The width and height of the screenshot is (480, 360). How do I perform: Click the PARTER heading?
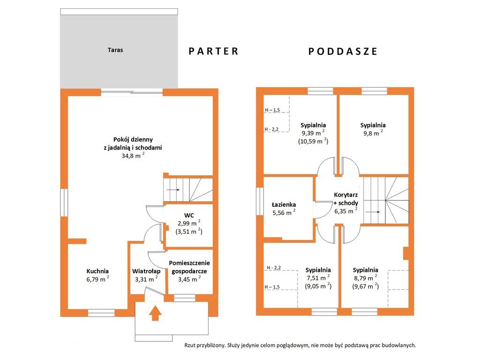213,51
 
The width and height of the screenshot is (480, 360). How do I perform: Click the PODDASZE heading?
343,51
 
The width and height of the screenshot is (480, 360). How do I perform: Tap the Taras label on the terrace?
115,50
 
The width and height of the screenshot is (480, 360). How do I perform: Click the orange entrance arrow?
156,313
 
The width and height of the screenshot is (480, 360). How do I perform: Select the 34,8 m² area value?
133,156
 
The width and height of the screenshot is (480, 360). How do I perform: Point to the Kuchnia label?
97,271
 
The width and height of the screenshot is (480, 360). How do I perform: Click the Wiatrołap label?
146,271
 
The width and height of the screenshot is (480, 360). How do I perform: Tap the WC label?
189,215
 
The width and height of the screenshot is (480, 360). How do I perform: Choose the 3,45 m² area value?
189,279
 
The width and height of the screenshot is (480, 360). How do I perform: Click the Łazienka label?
284,204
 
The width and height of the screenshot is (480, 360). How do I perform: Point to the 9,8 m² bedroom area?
373,133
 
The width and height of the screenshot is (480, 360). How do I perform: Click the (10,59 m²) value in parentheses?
313,141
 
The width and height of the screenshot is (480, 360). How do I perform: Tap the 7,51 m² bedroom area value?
318,277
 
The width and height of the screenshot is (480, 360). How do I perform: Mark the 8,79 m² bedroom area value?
366,277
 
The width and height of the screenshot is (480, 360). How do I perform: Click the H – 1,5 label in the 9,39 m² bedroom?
272,110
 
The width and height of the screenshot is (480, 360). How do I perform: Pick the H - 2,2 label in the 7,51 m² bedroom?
274,268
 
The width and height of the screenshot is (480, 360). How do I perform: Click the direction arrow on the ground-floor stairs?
173,190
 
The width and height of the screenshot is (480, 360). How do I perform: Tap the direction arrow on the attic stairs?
373,212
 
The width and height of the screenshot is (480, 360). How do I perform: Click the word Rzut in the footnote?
190,345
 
